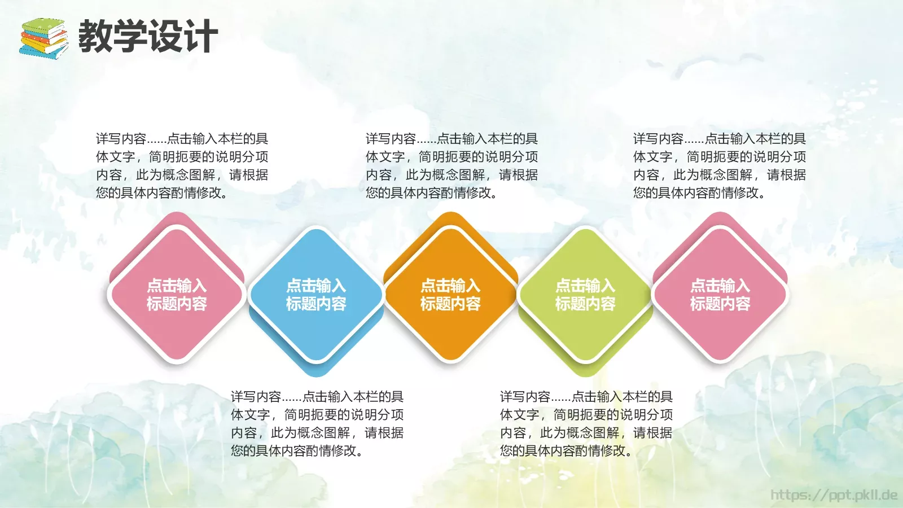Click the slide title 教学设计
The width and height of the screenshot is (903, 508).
(x=148, y=36)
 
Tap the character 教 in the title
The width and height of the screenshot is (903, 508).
(x=95, y=36)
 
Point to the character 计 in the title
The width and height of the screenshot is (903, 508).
(x=201, y=36)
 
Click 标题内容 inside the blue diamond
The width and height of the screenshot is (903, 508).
(x=316, y=304)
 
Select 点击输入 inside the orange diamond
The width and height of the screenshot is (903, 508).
(x=450, y=286)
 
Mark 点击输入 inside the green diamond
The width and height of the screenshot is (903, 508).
(x=585, y=286)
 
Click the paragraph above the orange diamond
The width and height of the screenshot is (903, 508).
(x=451, y=165)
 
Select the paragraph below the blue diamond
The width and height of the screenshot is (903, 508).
(x=317, y=423)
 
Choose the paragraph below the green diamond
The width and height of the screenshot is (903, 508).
(x=586, y=423)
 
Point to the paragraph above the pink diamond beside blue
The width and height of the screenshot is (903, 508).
(x=182, y=165)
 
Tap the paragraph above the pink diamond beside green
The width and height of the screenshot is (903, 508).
(x=719, y=165)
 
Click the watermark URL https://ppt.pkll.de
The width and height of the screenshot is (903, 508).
(x=834, y=495)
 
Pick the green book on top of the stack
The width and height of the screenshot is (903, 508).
(x=45, y=25)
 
